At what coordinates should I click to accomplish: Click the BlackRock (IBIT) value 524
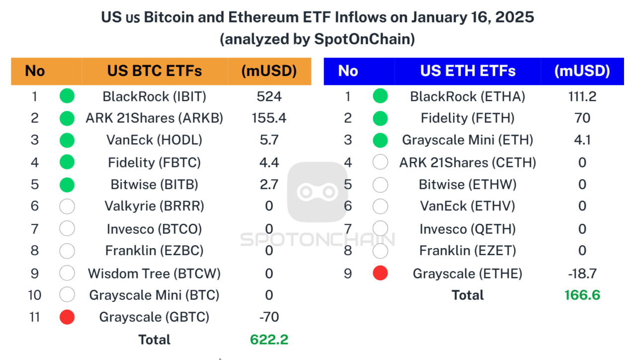(x=269, y=96)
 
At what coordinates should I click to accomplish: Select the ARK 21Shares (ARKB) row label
(x=154, y=118)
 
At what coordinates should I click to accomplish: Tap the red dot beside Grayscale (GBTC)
(x=67, y=317)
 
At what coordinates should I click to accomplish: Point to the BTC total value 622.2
(x=269, y=340)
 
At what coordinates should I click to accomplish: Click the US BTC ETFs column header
(x=154, y=71)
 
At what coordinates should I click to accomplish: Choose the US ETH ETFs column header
(x=468, y=71)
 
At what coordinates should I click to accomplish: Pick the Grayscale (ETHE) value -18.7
(x=582, y=273)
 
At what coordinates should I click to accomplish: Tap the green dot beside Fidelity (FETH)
(x=380, y=118)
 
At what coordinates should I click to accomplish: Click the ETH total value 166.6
(x=582, y=295)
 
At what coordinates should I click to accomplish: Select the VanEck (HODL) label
(x=154, y=140)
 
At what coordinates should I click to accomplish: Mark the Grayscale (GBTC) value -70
(x=269, y=317)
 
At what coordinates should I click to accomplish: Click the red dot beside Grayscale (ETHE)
(x=380, y=273)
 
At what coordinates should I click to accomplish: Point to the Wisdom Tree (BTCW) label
(x=154, y=273)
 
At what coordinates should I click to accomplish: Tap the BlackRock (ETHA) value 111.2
(x=582, y=96)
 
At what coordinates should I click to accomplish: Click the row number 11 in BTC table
(x=34, y=317)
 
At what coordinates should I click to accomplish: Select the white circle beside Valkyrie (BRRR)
(x=67, y=206)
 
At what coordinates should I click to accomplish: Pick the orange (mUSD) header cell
(x=269, y=71)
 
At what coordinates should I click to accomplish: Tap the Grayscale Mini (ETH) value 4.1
(x=582, y=140)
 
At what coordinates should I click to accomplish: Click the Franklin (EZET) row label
(x=468, y=251)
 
